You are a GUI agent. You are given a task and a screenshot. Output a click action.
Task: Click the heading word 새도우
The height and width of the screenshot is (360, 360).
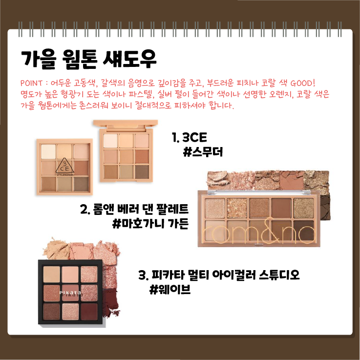[129, 60]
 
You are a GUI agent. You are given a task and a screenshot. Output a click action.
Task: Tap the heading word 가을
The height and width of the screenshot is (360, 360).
[38, 60]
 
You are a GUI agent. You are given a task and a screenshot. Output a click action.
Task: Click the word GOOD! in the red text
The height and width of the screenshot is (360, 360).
[302, 83]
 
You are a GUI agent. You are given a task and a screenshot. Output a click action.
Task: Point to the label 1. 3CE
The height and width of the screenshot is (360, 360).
[190, 138]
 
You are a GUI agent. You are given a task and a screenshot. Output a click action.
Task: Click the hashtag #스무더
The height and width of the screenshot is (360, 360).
[203, 152]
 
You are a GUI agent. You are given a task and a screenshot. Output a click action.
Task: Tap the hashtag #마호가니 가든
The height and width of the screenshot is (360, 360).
[150, 223]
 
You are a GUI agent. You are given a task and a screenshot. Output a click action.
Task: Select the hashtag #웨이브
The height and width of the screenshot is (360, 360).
[170, 289]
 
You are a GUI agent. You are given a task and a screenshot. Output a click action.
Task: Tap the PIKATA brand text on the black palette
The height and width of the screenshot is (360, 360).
[70, 293]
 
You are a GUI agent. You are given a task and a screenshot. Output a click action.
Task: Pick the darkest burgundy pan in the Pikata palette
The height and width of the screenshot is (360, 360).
[89, 311]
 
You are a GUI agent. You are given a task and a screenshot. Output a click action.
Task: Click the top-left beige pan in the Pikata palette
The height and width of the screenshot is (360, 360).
[52, 274]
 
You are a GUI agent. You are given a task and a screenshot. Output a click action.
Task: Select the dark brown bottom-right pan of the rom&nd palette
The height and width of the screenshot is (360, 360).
[303, 230]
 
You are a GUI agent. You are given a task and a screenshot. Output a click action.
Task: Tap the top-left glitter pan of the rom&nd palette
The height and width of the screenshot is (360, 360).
[215, 208]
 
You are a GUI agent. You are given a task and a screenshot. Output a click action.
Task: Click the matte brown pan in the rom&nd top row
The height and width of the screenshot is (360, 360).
[281, 208]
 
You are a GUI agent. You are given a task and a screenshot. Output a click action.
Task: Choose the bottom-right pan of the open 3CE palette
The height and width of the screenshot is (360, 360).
[142, 172]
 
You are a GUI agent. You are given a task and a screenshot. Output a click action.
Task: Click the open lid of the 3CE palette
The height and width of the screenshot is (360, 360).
[126, 124]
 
